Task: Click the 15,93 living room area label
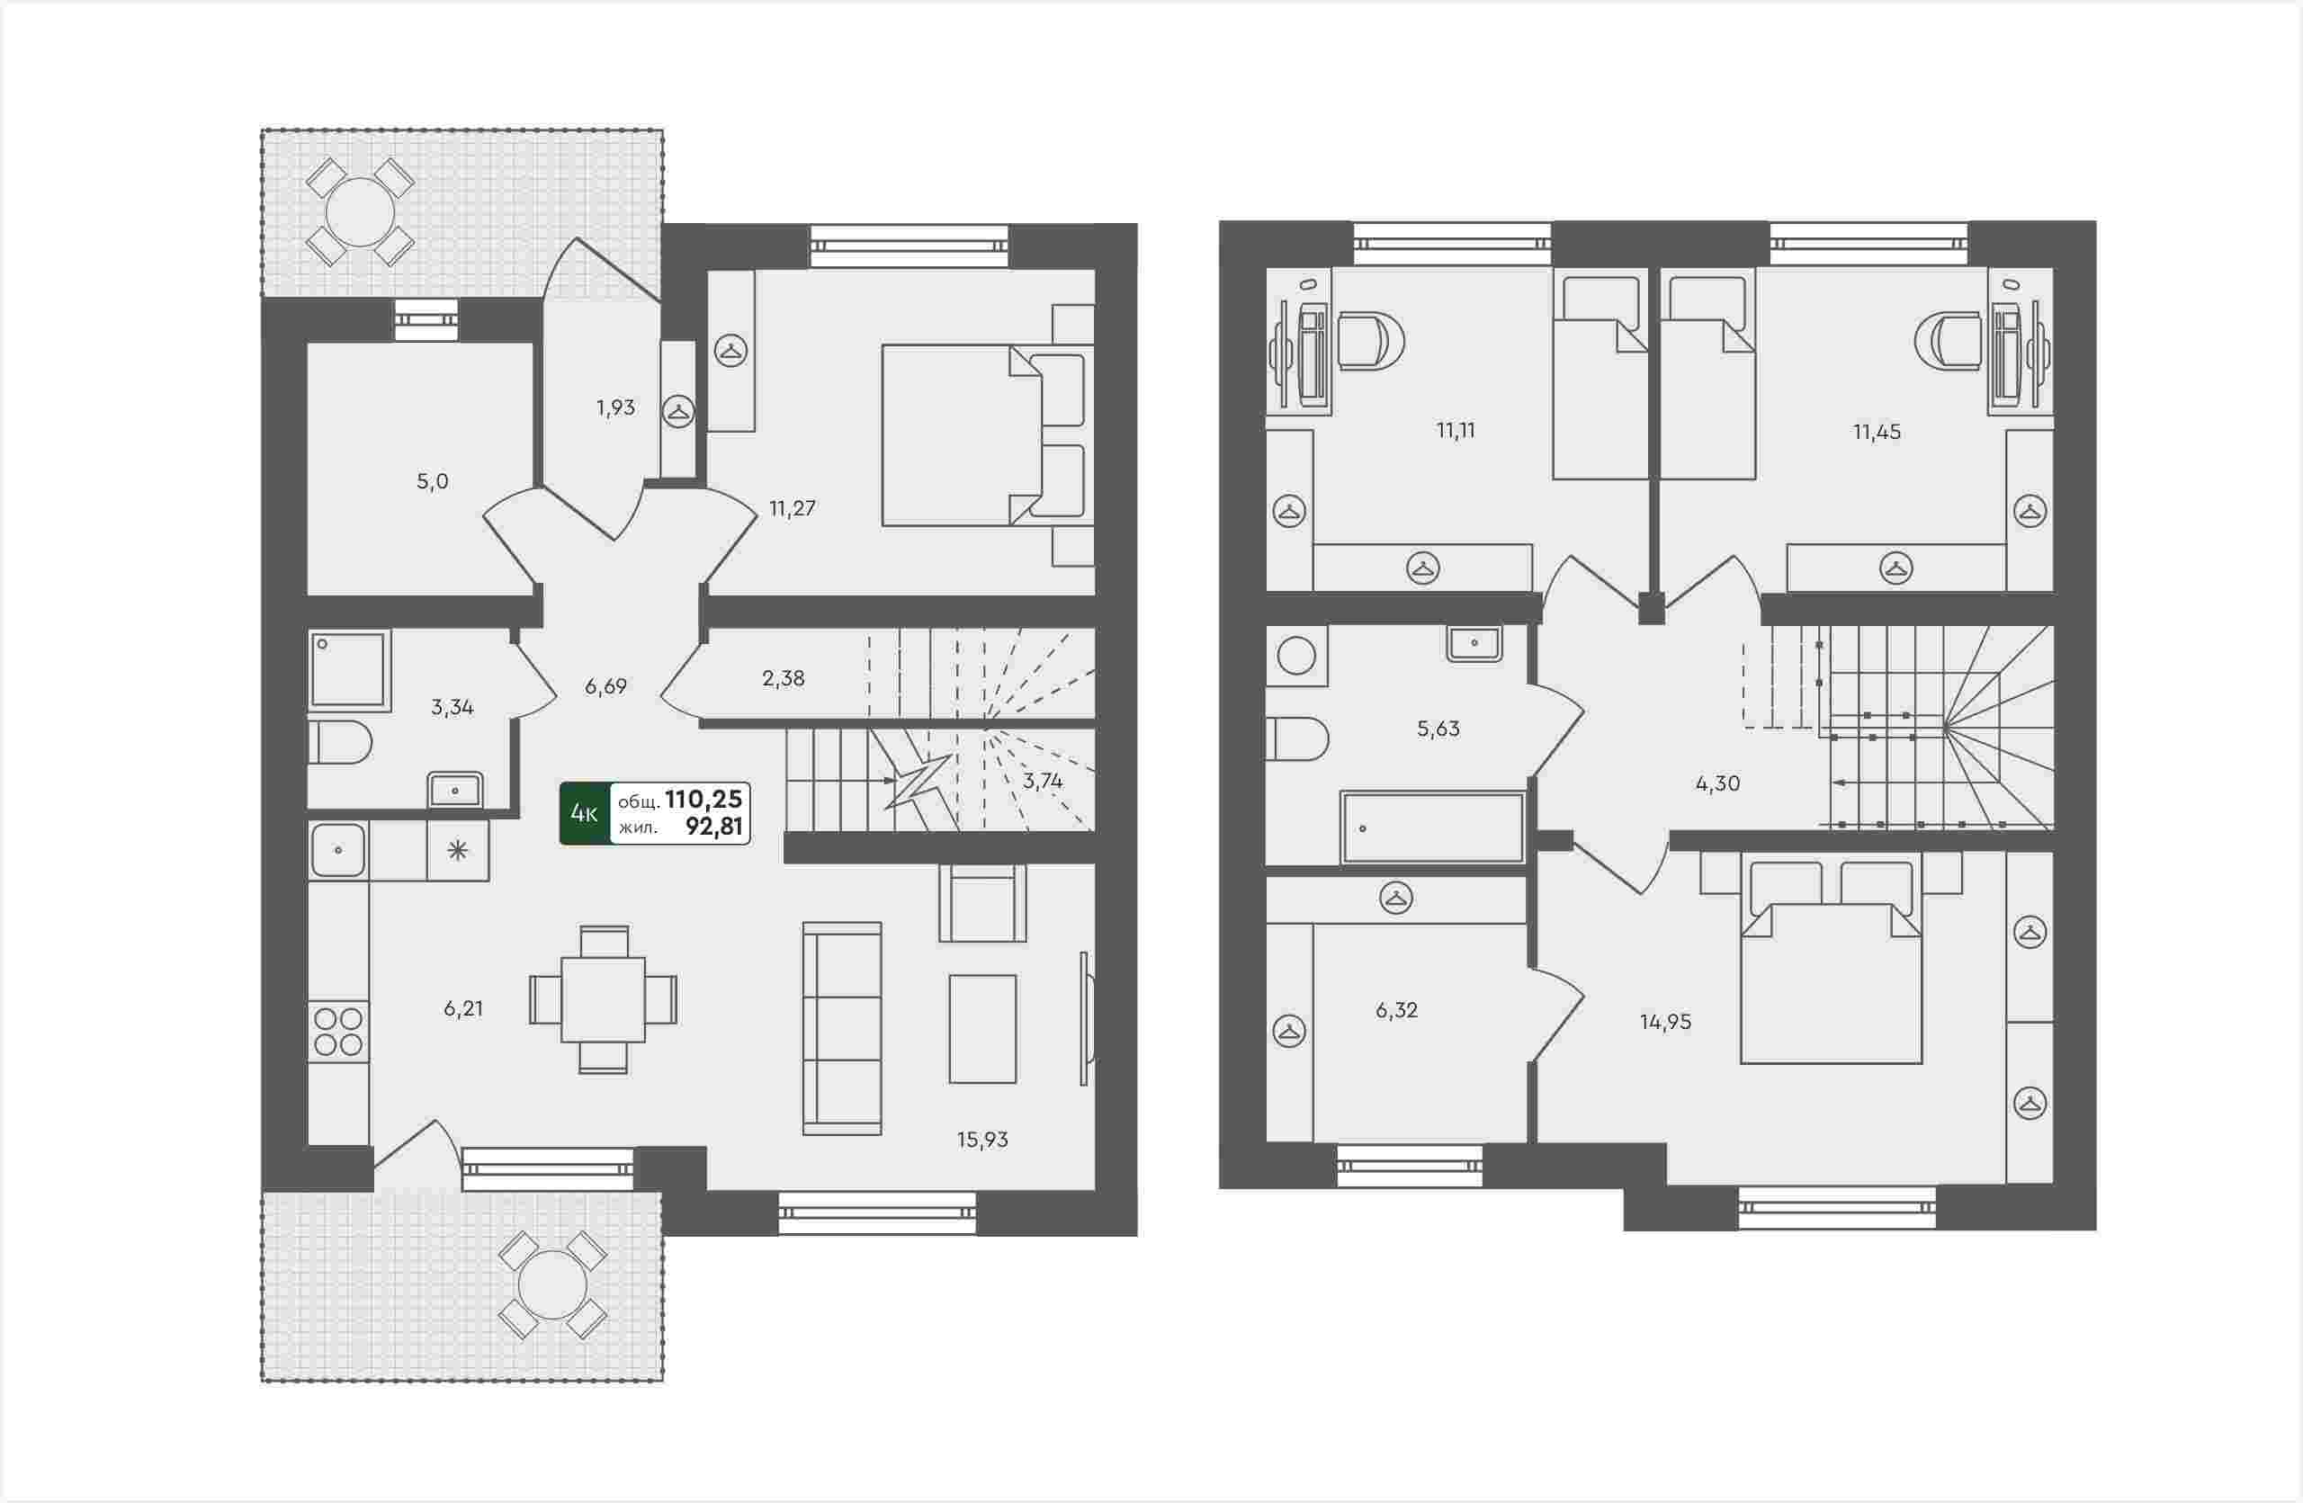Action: coord(982,1140)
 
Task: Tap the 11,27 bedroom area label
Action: coord(792,508)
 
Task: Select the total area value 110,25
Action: coord(703,799)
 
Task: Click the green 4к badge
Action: coord(585,813)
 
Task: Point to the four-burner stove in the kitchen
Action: coord(338,1031)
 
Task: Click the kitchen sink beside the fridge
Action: coord(337,850)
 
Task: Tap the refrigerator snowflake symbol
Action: coord(458,850)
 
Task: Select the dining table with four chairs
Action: coord(603,999)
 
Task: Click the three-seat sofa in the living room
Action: coord(842,1028)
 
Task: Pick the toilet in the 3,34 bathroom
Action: coord(340,742)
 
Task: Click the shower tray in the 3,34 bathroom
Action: coord(348,670)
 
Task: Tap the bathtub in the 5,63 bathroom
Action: coord(1432,828)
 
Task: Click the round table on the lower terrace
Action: coord(552,1285)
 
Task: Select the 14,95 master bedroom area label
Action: coord(1665,1023)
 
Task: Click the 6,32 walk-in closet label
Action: coord(1396,1011)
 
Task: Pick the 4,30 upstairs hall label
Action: coord(1717,783)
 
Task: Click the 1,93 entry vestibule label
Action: coord(615,407)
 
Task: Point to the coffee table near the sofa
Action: coord(982,1029)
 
